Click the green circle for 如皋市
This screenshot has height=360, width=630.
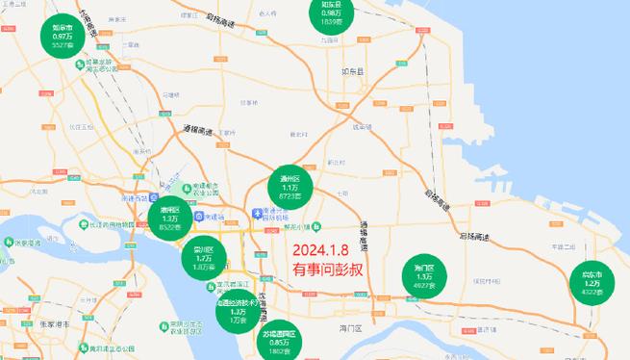click(x=63, y=35)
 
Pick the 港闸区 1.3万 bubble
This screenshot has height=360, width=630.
click(x=169, y=219)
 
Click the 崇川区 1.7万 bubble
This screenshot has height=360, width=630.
click(x=204, y=258)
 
